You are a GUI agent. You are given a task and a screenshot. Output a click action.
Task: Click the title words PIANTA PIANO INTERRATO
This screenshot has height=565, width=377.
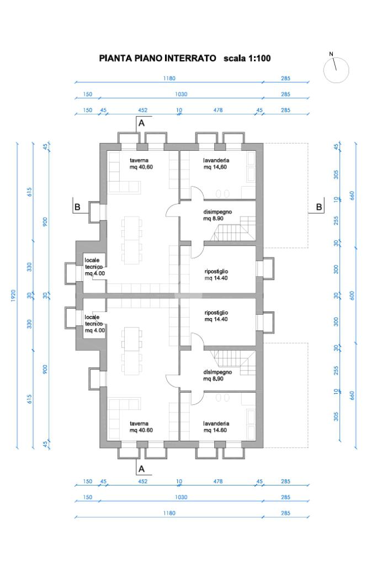(157, 59)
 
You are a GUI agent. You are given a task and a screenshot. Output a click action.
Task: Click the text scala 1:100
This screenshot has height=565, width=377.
(247, 59)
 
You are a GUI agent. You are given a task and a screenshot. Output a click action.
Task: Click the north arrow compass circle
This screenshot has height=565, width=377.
(336, 70)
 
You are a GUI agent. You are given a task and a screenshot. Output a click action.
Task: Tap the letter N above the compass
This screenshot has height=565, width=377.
(331, 54)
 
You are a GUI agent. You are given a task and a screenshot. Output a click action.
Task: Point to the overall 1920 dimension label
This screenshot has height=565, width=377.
(13, 296)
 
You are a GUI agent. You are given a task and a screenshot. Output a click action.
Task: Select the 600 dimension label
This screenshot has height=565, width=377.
(352, 296)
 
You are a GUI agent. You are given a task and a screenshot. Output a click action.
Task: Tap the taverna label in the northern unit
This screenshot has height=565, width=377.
(139, 160)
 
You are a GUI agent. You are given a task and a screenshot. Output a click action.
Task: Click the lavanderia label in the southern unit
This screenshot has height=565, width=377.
(216, 424)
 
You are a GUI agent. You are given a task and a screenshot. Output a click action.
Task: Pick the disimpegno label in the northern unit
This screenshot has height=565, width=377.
(217, 212)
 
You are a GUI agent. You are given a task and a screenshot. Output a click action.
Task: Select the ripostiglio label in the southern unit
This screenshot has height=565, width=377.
(216, 313)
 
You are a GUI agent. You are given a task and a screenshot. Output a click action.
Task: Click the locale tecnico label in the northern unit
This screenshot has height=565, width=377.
(93, 263)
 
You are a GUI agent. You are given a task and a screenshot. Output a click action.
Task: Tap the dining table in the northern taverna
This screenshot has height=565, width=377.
(132, 240)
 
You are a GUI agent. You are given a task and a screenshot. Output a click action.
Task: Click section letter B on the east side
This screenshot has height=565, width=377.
(319, 207)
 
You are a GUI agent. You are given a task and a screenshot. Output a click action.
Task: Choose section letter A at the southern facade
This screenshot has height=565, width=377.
(141, 469)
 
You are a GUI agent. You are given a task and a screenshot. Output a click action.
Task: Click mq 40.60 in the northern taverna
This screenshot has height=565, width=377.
(141, 167)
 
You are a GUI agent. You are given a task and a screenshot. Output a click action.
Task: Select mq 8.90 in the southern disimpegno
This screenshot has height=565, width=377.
(213, 379)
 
